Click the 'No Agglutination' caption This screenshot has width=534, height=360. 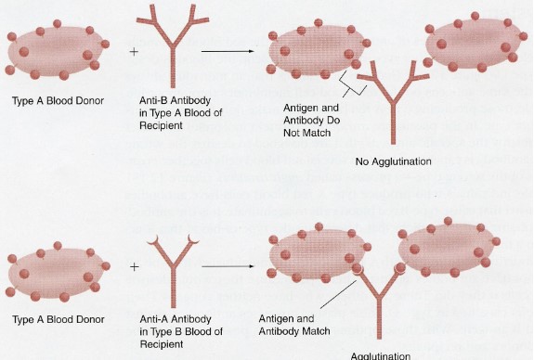394,161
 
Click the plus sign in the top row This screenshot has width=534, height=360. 134,52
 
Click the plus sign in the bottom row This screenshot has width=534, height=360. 134,267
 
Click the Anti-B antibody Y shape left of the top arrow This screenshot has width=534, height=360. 172,46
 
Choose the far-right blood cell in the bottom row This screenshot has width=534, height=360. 453,251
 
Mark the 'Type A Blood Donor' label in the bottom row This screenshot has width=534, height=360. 54,318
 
